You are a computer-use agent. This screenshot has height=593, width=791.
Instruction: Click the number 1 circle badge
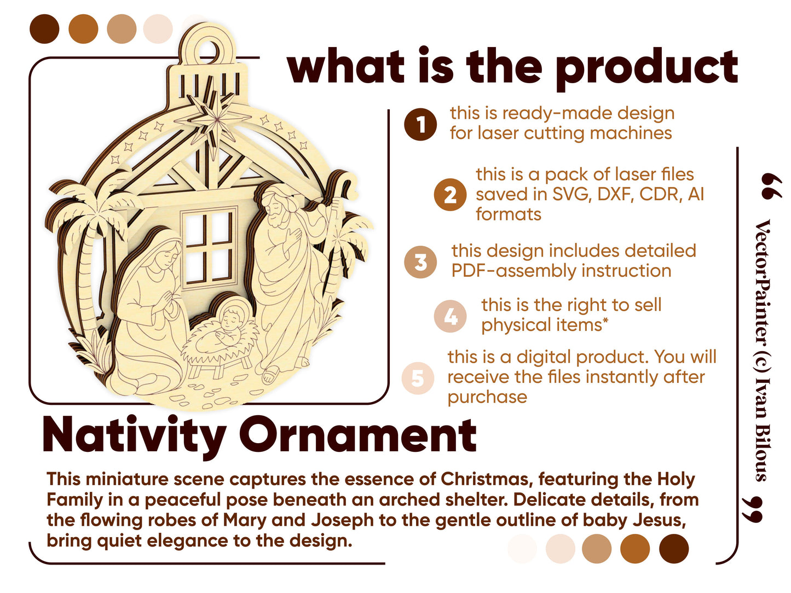[420, 124]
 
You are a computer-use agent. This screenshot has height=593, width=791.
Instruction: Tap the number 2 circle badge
[450, 194]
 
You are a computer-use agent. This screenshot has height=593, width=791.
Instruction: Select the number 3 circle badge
[420, 261]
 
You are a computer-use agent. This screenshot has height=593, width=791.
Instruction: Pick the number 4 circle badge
[450, 316]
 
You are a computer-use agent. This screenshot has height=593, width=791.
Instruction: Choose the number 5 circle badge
[418, 378]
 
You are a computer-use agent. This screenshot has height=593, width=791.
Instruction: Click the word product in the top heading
[646, 69]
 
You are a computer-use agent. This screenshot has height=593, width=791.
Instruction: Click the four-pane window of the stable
[209, 248]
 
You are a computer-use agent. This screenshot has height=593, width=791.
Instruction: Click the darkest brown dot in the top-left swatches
[44, 29]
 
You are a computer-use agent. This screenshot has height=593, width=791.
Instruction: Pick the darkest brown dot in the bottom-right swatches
[673, 548]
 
